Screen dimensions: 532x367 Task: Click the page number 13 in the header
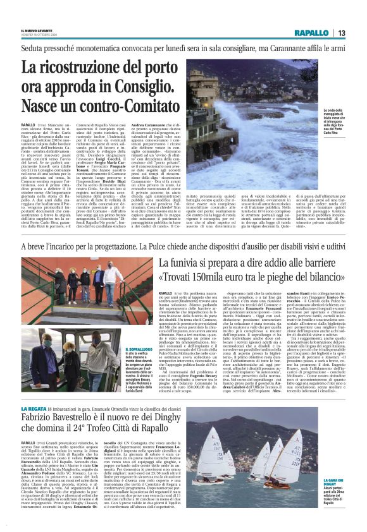(341, 33)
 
